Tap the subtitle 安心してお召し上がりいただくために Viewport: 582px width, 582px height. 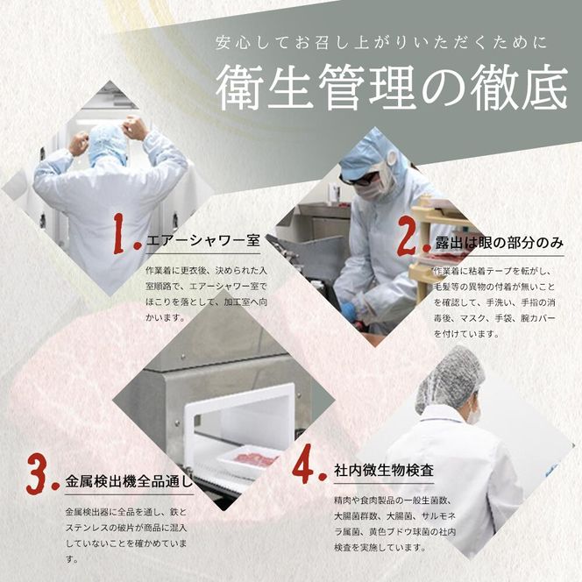[x=384, y=42]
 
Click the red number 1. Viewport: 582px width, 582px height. [x=126, y=235]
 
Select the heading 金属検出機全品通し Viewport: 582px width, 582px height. [x=128, y=480]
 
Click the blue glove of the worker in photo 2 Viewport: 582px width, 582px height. [x=349, y=312]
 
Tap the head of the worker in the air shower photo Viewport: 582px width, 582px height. [x=110, y=140]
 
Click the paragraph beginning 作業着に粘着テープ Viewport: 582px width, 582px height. [x=494, y=297]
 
